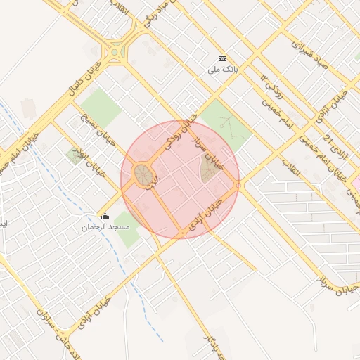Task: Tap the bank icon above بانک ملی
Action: click(x=223, y=59)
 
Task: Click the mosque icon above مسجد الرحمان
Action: click(x=105, y=216)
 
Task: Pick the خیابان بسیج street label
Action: click(x=89, y=127)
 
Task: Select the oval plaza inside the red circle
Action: click(x=144, y=174)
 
